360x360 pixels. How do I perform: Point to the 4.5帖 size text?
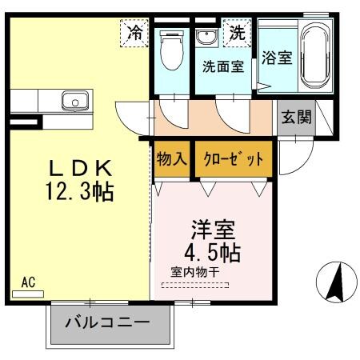213,250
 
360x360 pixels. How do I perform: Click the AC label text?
28,282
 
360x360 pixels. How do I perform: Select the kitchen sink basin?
75,102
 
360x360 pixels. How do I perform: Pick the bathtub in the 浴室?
315,56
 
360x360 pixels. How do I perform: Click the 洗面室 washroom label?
222,67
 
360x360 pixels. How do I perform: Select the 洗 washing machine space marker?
238,34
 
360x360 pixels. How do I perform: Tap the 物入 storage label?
171,158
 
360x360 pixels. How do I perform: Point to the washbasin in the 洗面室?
206,37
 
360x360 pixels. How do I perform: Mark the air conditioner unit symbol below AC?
28,294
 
